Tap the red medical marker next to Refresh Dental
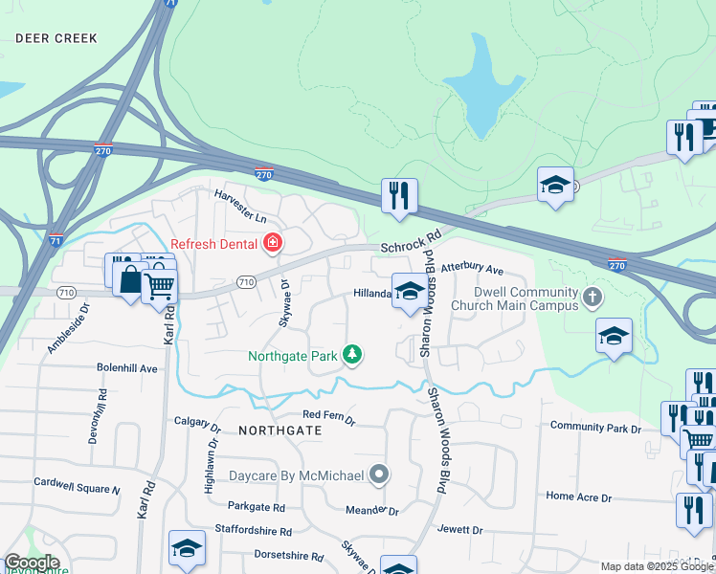273,244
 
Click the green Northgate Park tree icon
352,356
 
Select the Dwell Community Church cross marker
593,298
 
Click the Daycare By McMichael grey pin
380,475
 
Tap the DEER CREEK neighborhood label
56,38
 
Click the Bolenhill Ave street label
126,367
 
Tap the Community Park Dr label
595,428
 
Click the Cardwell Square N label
76,489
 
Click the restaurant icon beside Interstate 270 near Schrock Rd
397,195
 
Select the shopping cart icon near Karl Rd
160,285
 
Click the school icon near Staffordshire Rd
187,548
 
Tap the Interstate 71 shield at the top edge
168,4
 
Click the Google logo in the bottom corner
31,563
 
